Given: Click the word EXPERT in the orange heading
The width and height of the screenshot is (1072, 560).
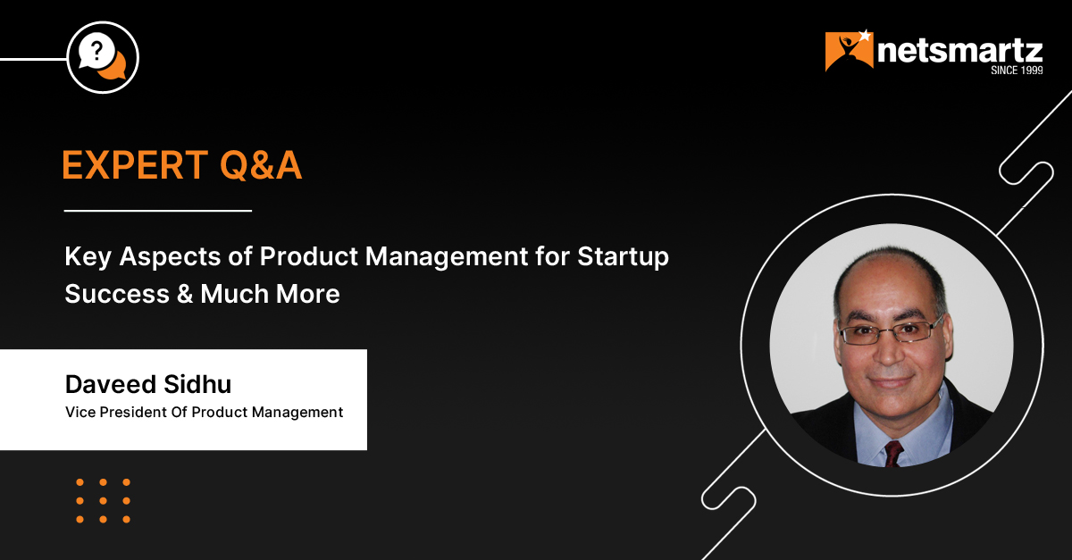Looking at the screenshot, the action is (x=135, y=165).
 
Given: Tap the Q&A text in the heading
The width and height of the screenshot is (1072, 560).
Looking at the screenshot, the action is (x=261, y=165).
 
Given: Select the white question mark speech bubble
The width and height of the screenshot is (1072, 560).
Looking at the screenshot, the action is (x=96, y=51).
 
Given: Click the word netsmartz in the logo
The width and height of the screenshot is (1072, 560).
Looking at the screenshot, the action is (x=960, y=51).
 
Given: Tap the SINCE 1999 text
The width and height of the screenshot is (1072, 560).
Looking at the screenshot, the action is (x=1017, y=71).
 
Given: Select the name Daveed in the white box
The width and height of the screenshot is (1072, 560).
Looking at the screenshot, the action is (x=111, y=384).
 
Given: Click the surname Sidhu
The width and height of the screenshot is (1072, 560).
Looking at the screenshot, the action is (x=197, y=384).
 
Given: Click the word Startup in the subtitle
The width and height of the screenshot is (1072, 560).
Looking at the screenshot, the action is (x=623, y=257).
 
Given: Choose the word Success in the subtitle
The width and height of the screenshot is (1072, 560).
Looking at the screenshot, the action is (x=117, y=294).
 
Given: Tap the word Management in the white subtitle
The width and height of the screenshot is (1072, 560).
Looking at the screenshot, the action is (x=447, y=257).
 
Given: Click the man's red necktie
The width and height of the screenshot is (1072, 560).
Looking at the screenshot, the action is (x=893, y=453).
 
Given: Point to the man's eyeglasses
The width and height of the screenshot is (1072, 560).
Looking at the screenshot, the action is (x=889, y=331).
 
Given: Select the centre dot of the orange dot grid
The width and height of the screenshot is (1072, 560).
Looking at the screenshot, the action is (x=103, y=501).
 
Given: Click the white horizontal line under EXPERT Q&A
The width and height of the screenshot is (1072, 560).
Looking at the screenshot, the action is (x=158, y=210).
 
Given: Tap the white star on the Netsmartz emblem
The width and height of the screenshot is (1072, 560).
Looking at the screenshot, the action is (x=866, y=36).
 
